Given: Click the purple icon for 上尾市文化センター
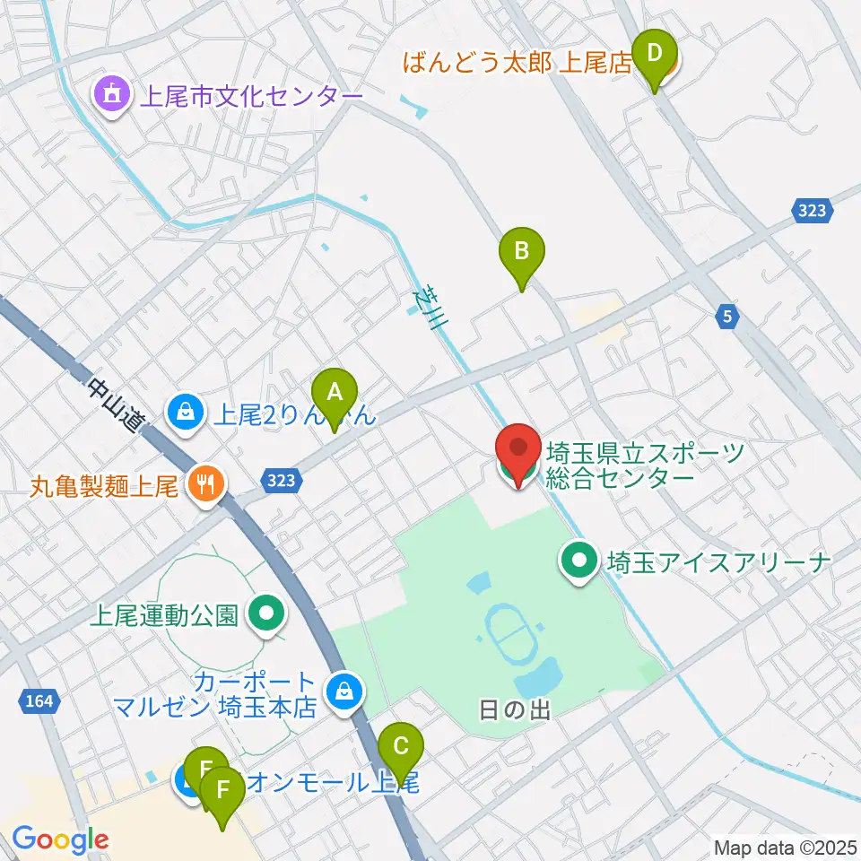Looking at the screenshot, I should [112, 95].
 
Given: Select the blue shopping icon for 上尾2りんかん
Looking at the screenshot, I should [184, 413].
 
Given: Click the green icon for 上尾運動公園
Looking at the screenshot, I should [266, 615].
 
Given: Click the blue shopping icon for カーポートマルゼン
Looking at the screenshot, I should [342, 691].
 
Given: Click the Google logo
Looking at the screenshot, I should [60, 839].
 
